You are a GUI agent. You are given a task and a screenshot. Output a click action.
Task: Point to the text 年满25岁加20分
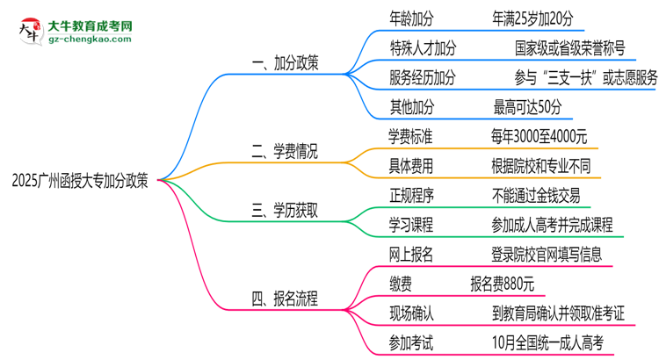point(535,17)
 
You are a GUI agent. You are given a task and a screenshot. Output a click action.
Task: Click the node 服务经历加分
point(423,77)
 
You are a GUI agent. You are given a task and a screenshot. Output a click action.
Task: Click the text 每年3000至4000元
point(540,137)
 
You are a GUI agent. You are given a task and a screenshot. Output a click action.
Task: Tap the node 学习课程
point(411,226)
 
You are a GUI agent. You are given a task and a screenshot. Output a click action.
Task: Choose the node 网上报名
point(411,255)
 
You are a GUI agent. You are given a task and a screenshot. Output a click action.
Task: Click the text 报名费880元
point(502,284)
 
